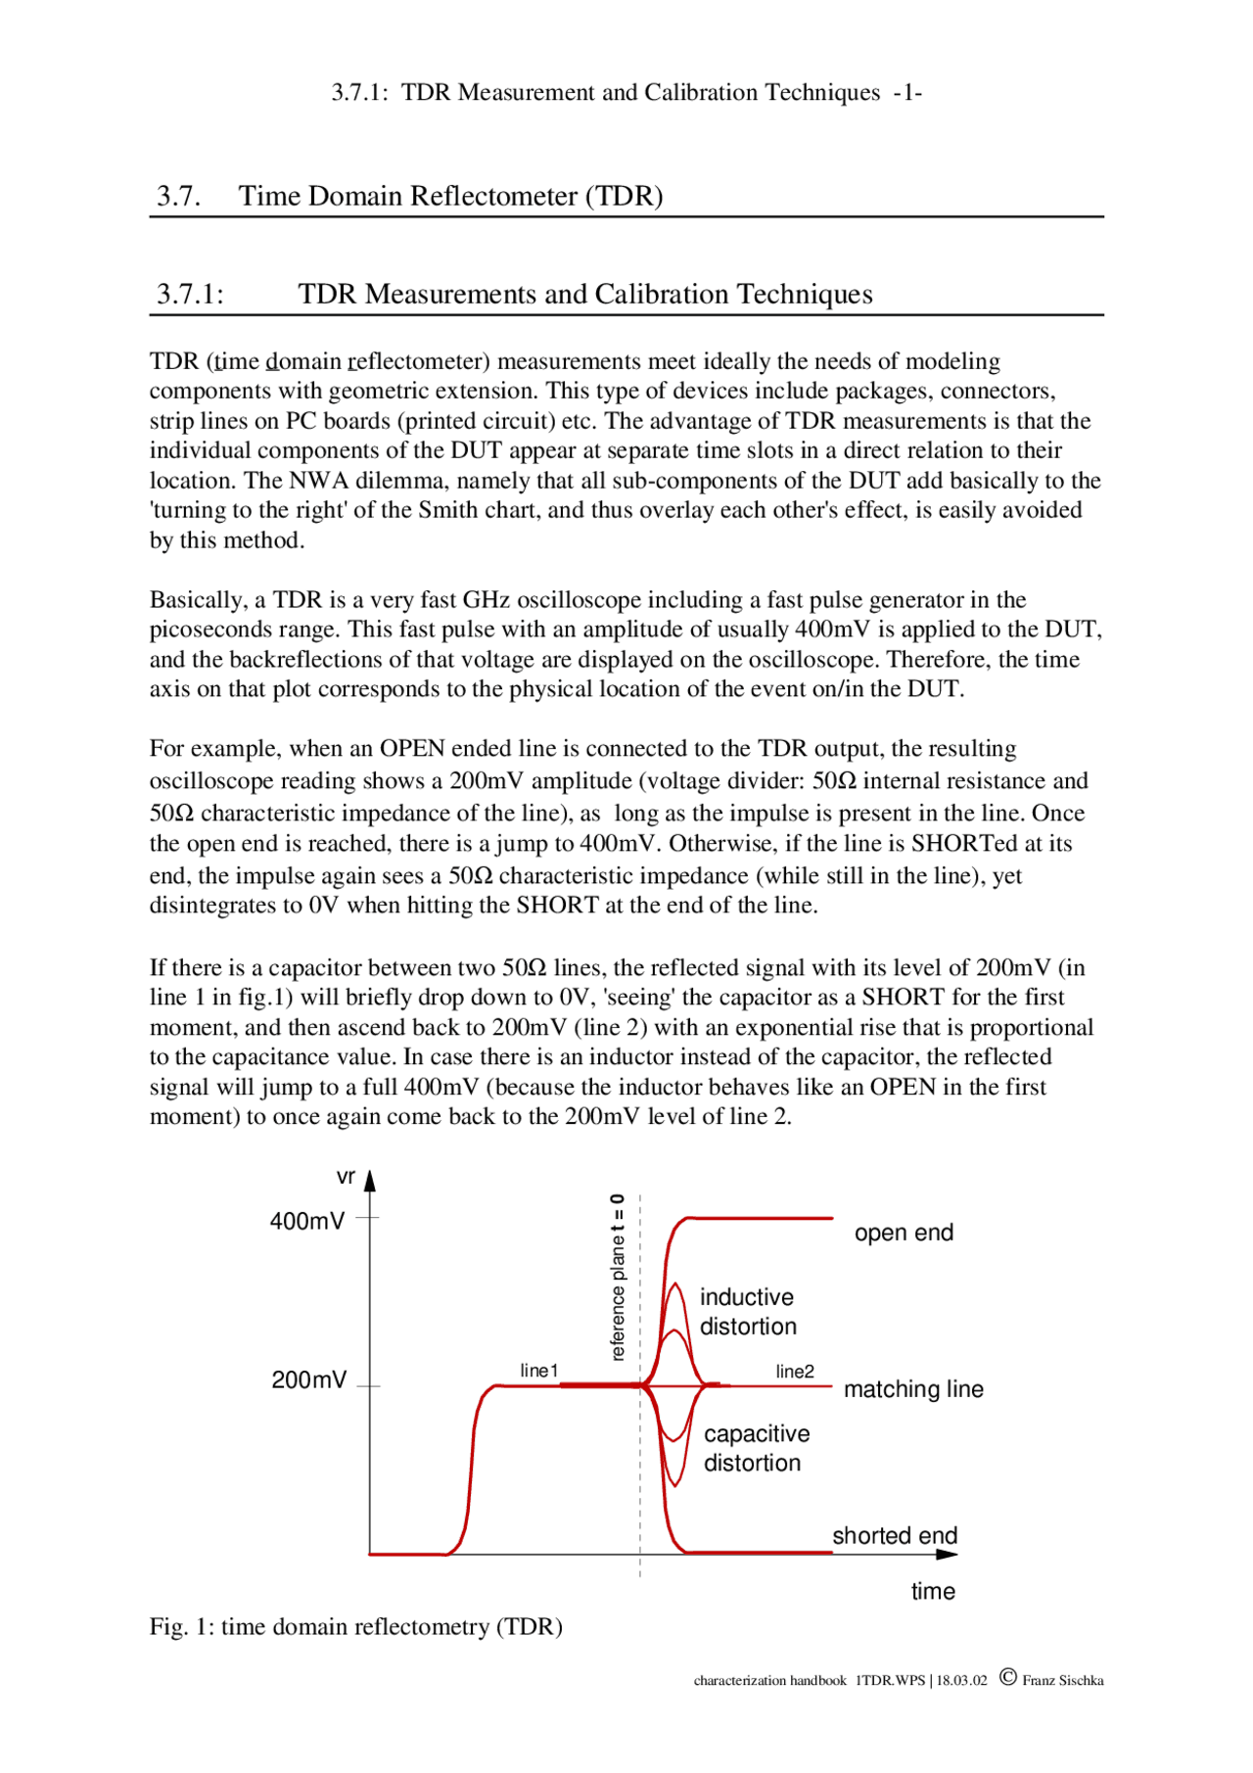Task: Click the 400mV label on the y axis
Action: pyautogui.click(x=307, y=1221)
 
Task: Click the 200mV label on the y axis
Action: pyautogui.click(x=308, y=1379)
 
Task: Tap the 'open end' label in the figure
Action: pyautogui.click(x=904, y=1233)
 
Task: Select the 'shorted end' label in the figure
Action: pyautogui.click(x=895, y=1535)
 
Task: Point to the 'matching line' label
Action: pyautogui.click(x=913, y=1389)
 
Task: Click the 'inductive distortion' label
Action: pyautogui.click(x=748, y=1312)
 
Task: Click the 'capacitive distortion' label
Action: pyautogui.click(x=756, y=1448)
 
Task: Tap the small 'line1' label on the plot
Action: pyautogui.click(x=538, y=1371)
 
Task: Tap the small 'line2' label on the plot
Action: pyautogui.click(x=794, y=1372)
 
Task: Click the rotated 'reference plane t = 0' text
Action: pyautogui.click(x=617, y=1278)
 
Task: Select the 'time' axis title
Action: pyautogui.click(x=932, y=1591)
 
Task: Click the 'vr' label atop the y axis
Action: pyautogui.click(x=346, y=1178)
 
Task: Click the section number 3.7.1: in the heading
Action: pyautogui.click(x=190, y=294)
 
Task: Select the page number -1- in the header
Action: pyautogui.click(x=907, y=92)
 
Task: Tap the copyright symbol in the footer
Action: pyautogui.click(x=1007, y=1677)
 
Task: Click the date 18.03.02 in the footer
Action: pyautogui.click(x=961, y=1680)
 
